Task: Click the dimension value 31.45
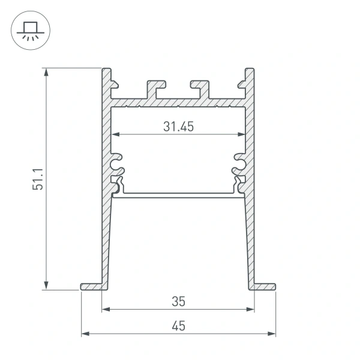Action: [178, 126]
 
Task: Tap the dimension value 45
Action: [178, 326]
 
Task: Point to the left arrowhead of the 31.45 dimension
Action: [115, 134]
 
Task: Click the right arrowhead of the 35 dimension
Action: [251, 310]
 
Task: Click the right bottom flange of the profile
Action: [264, 286]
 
